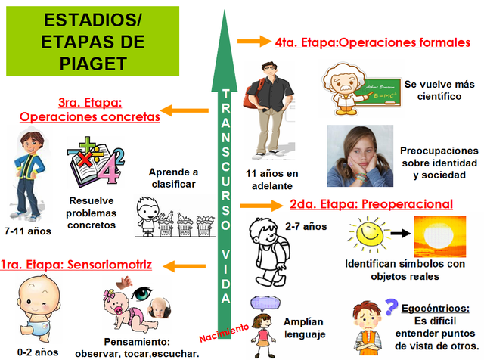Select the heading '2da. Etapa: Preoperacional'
[371, 204]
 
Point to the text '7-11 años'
[27, 231]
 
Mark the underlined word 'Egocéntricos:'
[442, 307]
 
